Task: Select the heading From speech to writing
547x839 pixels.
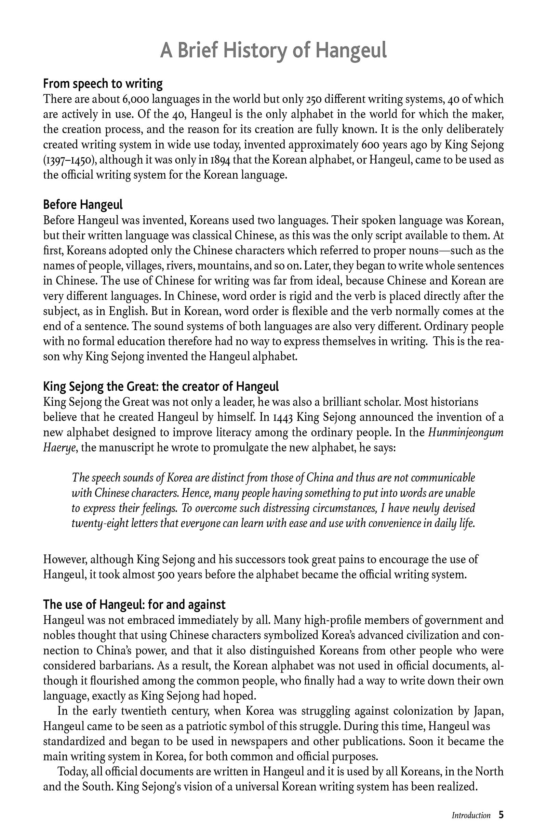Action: [103, 84]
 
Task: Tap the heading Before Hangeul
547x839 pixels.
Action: [82, 205]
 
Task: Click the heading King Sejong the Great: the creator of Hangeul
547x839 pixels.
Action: [161, 387]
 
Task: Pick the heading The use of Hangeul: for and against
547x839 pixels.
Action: [134, 605]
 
